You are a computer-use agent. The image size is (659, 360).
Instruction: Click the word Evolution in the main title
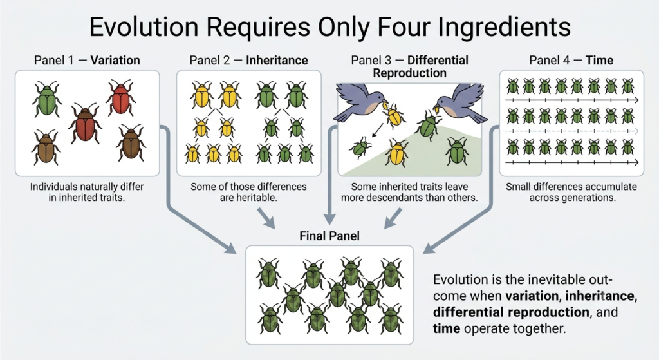[x=144, y=27]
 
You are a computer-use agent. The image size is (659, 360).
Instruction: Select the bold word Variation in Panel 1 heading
[x=115, y=60]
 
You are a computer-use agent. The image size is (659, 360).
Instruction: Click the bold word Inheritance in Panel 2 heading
[x=277, y=60]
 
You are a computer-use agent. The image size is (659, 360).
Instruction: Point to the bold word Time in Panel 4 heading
[x=599, y=60]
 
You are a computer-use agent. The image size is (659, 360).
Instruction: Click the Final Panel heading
[x=329, y=236]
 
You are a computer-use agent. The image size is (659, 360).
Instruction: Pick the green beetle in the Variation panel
[x=47, y=99]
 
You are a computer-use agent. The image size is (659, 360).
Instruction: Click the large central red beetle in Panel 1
[x=86, y=124]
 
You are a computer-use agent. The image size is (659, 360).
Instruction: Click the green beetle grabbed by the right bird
[x=428, y=124]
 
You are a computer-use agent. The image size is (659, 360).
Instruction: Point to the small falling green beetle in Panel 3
[x=360, y=147]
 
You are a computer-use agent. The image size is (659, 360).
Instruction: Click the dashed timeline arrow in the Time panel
[x=571, y=131]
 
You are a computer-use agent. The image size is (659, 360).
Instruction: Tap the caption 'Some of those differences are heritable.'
[x=249, y=192]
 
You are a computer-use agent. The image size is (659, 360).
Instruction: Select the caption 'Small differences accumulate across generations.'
[x=571, y=192]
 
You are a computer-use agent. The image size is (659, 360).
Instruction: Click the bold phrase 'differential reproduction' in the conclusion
[x=511, y=312]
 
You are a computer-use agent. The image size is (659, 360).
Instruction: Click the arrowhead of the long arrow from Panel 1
[x=230, y=248]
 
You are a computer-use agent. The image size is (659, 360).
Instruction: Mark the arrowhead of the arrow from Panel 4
[x=429, y=248]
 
